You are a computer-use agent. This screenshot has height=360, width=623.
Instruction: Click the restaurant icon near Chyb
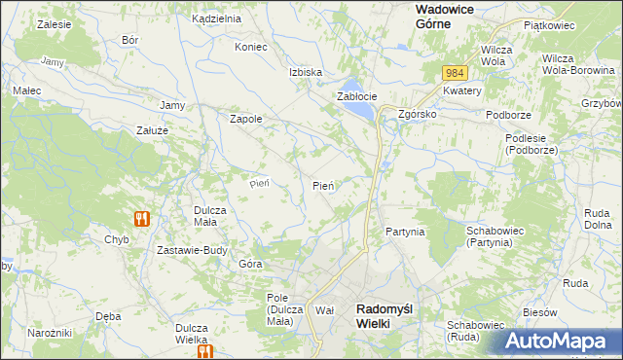[141, 219]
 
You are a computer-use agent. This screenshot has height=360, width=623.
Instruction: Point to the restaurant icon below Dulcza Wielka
[203, 352]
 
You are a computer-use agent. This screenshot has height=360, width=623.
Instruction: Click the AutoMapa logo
[562, 342]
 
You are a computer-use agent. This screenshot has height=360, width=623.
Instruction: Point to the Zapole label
[244, 119]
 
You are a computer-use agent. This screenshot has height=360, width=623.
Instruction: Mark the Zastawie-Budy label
[192, 249]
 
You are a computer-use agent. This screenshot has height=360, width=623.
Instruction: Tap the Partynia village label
[404, 232]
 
